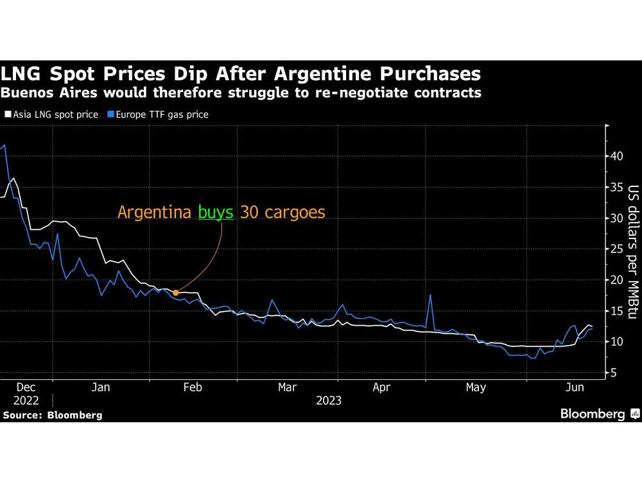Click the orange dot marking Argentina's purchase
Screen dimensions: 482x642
pos(176,292)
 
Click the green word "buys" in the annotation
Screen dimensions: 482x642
pos(215,212)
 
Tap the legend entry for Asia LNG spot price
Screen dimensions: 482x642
pos(51,114)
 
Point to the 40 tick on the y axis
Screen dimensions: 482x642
pos(616,156)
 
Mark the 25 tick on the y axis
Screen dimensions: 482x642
pos(616,249)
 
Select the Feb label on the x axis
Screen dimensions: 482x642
pos(193,388)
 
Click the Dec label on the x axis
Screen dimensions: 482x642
pos(26,388)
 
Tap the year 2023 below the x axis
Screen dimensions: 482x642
pos(328,400)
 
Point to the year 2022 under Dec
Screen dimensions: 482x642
pos(26,400)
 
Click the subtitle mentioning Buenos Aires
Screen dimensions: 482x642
pos(241,93)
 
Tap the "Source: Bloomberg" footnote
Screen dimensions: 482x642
pos(53,415)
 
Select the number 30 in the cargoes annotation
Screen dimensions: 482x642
pos(247,212)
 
